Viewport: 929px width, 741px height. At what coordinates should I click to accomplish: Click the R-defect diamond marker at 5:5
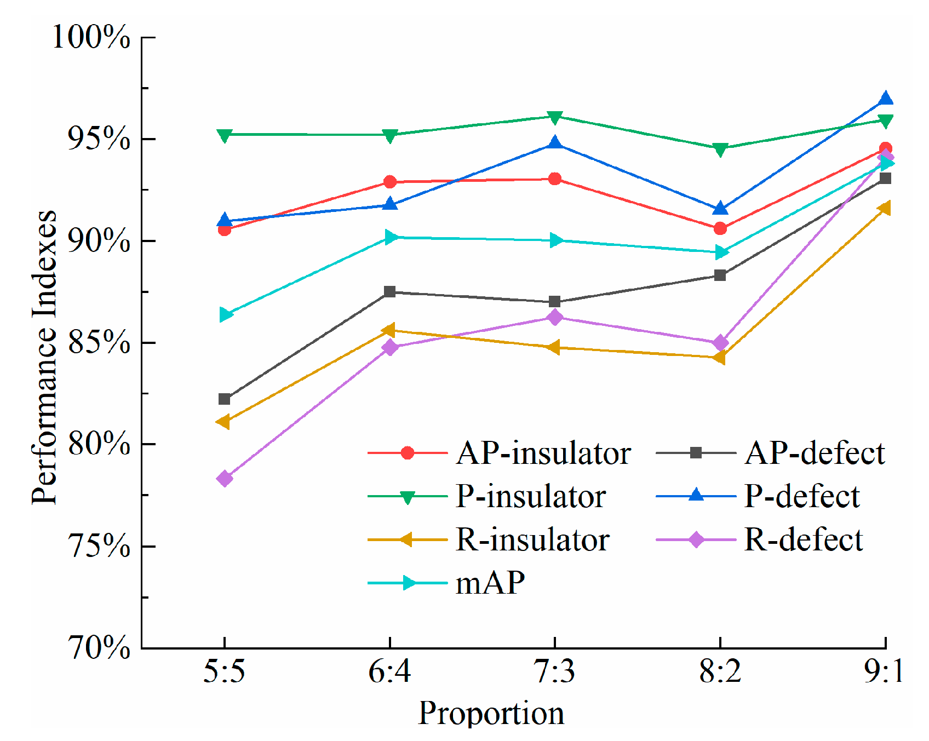[225, 479]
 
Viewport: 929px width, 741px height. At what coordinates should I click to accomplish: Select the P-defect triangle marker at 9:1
[886, 99]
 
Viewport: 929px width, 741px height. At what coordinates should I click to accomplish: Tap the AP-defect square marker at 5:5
[225, 399]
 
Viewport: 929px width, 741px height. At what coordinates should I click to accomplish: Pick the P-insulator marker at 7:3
[555, 117]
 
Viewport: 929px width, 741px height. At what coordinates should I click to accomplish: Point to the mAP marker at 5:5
[226, 315]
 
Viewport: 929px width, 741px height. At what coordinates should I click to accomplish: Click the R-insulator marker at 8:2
[719, 358]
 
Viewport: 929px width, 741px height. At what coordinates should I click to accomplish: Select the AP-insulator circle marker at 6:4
[390, 182]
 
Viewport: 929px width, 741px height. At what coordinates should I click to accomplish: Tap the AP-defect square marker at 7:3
[555, 302]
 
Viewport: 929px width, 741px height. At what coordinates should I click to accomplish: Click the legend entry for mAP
[490, 583]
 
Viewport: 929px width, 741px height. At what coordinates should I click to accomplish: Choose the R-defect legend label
[803, 540]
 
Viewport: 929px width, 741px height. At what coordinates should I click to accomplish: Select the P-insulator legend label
[530, 497]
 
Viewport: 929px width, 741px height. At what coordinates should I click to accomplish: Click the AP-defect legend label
[815, 453]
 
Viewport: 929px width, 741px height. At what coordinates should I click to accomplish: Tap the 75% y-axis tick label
[99, 547]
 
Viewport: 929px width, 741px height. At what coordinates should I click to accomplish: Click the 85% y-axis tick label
[99, 343]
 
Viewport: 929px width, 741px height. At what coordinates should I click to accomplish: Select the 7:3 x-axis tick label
[555, 671]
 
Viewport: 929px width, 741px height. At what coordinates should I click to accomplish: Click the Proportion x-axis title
[491, 713]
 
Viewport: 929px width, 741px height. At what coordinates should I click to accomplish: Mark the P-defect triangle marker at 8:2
[720, 209]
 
